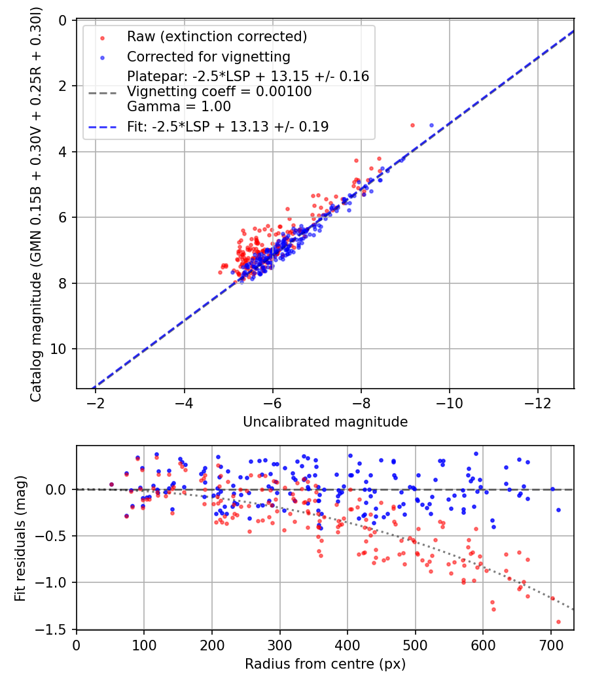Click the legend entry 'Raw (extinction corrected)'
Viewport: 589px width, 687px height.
[217, 37]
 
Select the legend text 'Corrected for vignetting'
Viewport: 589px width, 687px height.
[209, 57]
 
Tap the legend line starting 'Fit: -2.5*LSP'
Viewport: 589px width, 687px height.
[228, 127]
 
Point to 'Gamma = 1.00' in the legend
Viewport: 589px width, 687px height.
[179, 107]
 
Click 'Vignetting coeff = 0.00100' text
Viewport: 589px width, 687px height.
[219, 92]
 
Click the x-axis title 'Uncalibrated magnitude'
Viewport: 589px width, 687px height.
[325, 421]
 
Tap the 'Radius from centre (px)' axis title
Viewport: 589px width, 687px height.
[325, 664]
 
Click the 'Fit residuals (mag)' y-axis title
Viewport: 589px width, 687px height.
[20, 538]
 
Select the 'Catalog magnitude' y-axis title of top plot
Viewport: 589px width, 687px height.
[36, 204]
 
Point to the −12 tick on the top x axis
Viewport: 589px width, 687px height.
[538, 402]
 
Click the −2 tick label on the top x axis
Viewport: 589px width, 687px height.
[95, 402]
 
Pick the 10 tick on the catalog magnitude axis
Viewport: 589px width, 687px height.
[58, 349]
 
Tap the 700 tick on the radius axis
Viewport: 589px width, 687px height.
[551, 645]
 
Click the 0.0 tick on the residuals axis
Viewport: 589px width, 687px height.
[56, 489]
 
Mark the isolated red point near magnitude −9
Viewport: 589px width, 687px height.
[412, 126]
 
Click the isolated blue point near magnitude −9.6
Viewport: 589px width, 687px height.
[431, 126]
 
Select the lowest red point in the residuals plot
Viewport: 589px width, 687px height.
[558, 622]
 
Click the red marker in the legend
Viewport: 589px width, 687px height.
[103, 38]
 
